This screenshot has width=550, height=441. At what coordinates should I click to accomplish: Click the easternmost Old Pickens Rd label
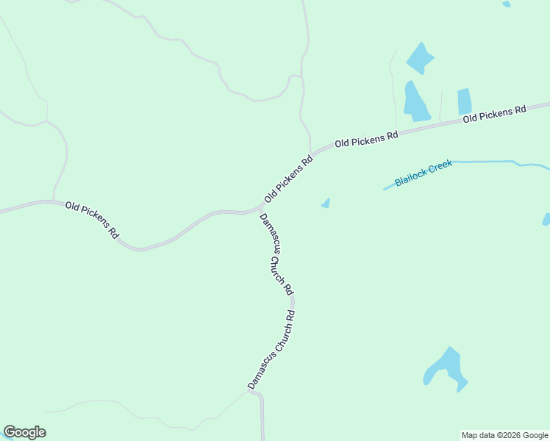click(x=495, y=114)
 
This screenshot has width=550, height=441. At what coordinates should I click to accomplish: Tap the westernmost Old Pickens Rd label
click(x=92, y=219)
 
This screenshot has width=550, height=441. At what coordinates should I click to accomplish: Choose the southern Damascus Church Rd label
click(x=271, y=349)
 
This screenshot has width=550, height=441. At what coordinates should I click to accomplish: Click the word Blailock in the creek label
click(x=409, y=177)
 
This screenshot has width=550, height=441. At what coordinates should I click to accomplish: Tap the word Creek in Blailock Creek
click(x=439, y=166)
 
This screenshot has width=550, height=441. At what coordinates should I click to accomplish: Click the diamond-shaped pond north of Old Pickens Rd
click(x=420, y=58)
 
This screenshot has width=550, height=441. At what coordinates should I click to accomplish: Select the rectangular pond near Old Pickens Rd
click(x=464, y=101)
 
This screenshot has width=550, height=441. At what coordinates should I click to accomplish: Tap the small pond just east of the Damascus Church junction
click(x=326, y=204)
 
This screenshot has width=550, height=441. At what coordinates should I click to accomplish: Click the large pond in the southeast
click(x=446, y=367)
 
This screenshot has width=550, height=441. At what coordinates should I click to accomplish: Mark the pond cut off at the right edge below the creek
click(x=546, y=219)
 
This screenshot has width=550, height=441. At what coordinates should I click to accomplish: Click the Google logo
click(x=24, y=432)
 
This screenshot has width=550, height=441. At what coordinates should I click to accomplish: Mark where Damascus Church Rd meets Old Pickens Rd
click(x=257, y=211)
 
